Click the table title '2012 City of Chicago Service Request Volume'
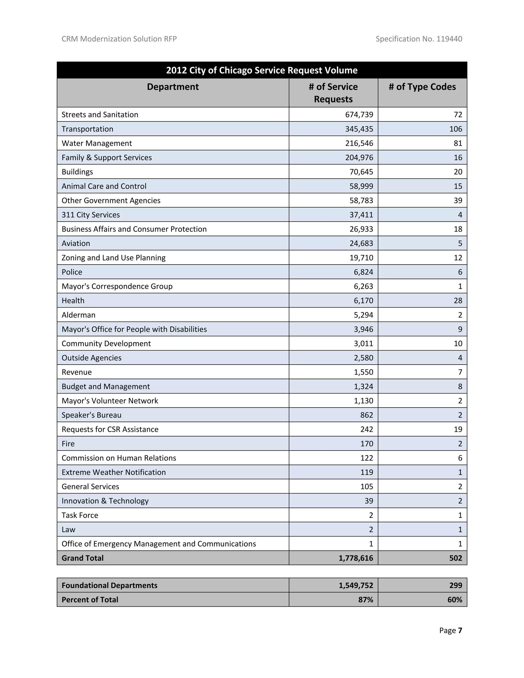click(x=262, y=70)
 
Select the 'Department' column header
click(x=173, y=87)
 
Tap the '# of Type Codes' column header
click(x=422, y=87)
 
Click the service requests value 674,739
click(x=359, y=115)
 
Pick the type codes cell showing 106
click(x=456, y=129)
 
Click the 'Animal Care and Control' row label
click(x=104, y=186)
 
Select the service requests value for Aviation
click(x=361, y=243)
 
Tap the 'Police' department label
click(x=72, y=272)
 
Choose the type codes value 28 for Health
click(x=458, y=301)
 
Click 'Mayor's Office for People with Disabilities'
click(x=134, y=329)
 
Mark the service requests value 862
click(x=367, y=415)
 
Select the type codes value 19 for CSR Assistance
click(x=458, y=429)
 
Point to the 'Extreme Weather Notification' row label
click(x=114, y=472)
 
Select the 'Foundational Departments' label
click(x=110, y=585)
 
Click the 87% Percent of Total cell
click(x=366, y=599)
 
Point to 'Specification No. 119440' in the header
click(x=419, y=39)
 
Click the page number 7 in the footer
click(x=460, y=630)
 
